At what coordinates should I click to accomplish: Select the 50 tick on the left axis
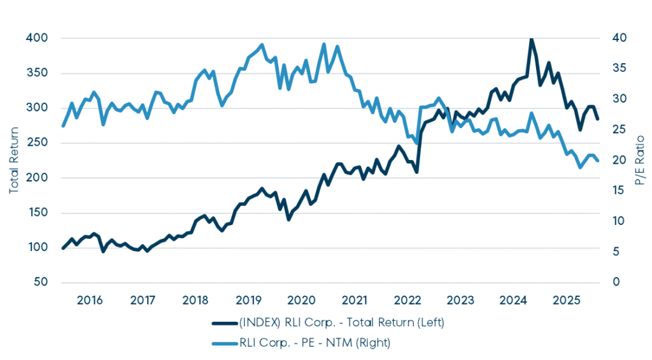coord(41,282)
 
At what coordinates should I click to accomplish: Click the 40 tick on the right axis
coord(620,38)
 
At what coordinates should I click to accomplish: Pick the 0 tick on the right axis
coord(616,282)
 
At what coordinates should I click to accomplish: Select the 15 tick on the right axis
coord(619,191)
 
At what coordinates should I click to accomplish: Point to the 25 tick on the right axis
coord(620,130)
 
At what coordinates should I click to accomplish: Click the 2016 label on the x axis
coord(89,299)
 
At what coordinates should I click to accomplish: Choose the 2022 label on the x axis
coord(408,299)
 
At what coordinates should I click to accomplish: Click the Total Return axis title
coord(14,160)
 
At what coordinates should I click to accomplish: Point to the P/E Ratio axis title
coord(641,160)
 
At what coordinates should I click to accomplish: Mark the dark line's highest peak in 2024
coord(531,39)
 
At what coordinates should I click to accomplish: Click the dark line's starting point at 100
coord(62,248)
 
